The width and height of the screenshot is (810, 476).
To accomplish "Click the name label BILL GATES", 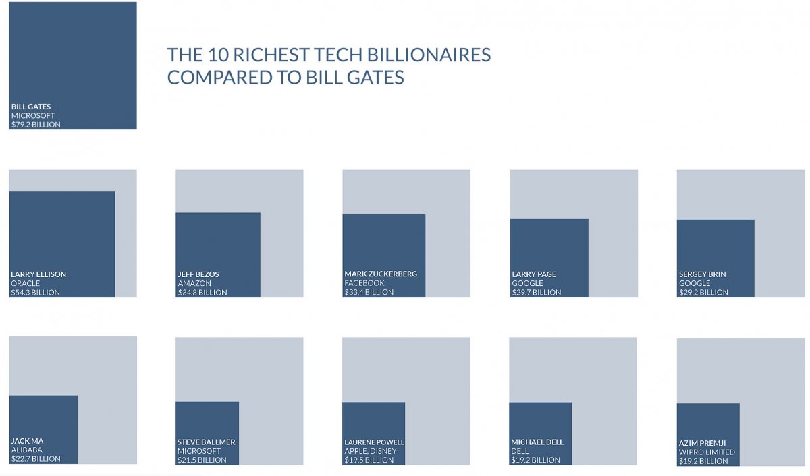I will point(31,107).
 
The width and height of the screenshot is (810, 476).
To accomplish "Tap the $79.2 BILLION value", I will point(36,125).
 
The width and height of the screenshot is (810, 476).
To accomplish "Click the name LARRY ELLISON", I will point(38,274).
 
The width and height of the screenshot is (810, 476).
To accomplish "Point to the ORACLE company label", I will point(26,283).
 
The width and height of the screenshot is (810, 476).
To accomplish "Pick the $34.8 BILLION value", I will point(202,293).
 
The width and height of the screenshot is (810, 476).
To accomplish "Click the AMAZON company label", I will point(194,283).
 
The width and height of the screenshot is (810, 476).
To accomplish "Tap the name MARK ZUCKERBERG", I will point(381,274).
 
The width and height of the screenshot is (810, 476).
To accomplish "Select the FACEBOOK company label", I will point(364,283).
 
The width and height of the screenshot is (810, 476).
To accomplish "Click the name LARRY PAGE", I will point(534,274).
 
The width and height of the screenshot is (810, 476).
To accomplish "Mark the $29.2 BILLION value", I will point(704,293).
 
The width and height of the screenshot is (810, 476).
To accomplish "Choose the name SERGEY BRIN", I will point(703,274).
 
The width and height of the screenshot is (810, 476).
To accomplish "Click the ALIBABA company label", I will point(27,450).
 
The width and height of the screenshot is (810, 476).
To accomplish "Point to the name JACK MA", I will point(27,441).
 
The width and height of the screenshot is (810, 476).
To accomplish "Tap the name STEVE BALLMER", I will point(207,442).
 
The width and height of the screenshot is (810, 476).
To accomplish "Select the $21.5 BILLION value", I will point(202,460).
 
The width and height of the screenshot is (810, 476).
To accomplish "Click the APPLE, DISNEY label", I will point(371,451).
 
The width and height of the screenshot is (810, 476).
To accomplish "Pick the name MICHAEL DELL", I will point(537,442).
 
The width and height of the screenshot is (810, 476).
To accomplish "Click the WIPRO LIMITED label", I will point(707,452).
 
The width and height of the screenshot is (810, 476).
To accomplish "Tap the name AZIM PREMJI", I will point(703,443).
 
